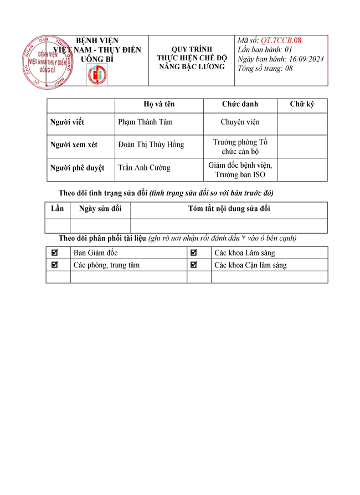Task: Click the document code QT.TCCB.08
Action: click(282, 40)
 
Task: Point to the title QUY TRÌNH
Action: click(192, 49)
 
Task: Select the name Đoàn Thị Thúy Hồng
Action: click(151, 145)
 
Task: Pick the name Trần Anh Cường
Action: click(145, 168)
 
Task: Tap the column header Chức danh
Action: click(240, 104)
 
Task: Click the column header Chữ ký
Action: click(302, 104)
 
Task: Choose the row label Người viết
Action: click(67, 122)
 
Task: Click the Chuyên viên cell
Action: click(240, 122)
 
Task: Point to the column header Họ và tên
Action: click(159, 104)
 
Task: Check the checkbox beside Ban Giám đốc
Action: click(54, 253)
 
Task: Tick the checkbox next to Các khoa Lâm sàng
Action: click(194, 253)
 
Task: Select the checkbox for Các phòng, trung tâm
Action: click(54, 265)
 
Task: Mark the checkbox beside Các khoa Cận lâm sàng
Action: click(194, 265)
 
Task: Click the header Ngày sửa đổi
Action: click(100, 209)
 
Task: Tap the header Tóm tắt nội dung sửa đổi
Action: click(229, 209)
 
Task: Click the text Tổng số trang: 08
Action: click(265, 69)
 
